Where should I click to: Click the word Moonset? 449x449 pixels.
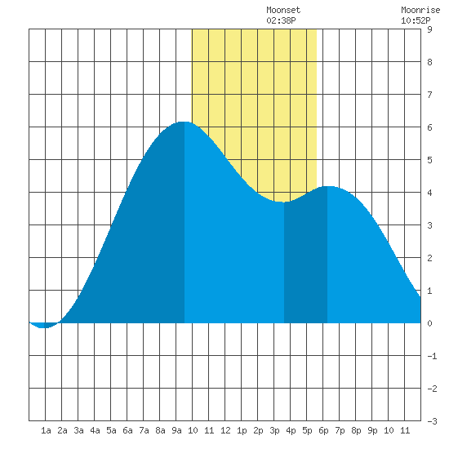[283, 10]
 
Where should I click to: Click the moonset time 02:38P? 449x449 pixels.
[281, 20]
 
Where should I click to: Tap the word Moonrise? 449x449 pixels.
[420, 10]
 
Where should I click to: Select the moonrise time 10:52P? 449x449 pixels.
[416, 20]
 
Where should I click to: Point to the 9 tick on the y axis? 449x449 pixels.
[429, 29]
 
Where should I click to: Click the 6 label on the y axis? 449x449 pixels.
[429, 127]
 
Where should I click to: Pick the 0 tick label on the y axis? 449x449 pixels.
[429, 323]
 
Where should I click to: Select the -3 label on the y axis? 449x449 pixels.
[432, 421]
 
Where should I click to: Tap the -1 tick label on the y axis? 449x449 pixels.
[432, 356]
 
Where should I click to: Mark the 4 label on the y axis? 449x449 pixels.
[429, 193]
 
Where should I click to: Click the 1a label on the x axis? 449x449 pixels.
[46, 430]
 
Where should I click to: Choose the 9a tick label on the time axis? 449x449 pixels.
[176, 430]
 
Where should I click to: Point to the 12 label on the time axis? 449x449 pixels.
[225, 430]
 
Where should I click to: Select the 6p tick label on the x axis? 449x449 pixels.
[323, 430]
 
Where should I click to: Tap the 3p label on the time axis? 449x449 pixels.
[274, 430]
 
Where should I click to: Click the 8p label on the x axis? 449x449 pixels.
[356, 430]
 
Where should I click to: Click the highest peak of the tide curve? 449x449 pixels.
[184, 122]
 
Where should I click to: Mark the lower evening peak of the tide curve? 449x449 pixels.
[328, 186]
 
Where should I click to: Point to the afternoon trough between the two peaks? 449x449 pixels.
[282, 202]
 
